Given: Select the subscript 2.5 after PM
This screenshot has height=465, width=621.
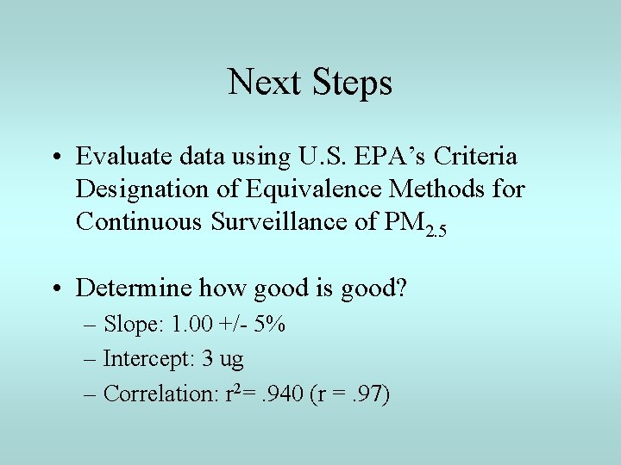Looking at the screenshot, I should coord(436,230).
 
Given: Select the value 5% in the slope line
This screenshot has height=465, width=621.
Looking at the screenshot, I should coord(271,325).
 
